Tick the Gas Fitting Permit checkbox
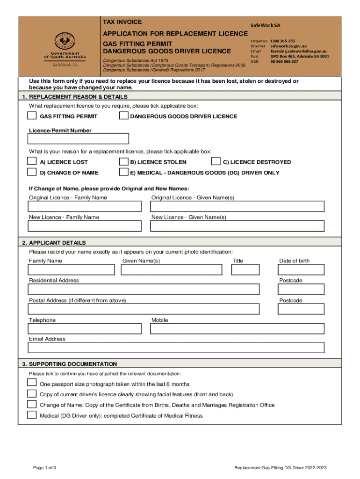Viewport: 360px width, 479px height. point(32,116)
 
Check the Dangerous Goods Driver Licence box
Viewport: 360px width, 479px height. point(123,116)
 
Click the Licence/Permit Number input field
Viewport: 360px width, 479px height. point(78,138)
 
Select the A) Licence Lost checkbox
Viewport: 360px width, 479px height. point(32,161)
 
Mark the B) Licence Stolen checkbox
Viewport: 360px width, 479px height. point(123,161)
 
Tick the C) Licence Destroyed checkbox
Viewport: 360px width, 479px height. point(216,161)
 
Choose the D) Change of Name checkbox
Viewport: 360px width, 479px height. point(32,172)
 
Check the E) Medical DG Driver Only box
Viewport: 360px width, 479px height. point(123,172)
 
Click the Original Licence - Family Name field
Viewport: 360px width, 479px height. point(85,206)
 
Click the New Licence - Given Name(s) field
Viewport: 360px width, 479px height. point(237,226)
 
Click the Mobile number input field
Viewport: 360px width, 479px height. point(237,329)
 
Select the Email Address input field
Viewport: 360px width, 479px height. point(176,348)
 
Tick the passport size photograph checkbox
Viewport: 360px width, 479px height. point(32,383)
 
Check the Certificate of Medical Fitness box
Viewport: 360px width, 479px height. point(32,415)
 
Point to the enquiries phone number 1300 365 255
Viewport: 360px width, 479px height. point(282,41)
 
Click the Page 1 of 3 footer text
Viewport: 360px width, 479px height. point(44,468)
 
